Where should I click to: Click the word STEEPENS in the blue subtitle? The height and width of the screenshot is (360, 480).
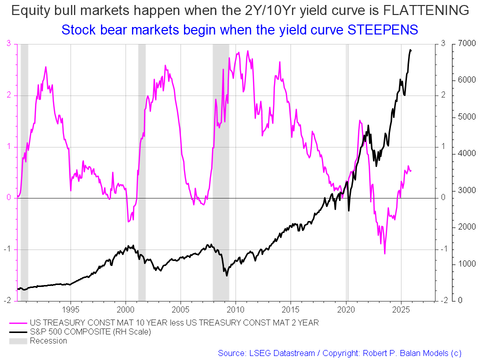[x=383, y=29]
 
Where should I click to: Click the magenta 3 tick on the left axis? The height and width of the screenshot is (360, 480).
[x=8, y=44]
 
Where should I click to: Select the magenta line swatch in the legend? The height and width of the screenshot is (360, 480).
[x=18, y=322]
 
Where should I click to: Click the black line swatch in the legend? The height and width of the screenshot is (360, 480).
[x=18, y=331]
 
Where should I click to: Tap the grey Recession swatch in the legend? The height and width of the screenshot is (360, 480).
[x=18, y=341]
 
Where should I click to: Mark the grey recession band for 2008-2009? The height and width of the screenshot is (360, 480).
[x=220, y=170]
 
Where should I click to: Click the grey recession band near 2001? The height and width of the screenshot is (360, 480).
[x=141, y=170]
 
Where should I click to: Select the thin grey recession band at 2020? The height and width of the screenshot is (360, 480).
[x=347, y=170]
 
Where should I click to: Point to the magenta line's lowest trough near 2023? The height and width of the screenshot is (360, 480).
[x=384, y=253]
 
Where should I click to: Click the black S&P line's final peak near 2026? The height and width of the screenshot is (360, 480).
[x=410, y=50]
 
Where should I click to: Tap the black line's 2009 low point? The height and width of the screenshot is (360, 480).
[x=227, y=275]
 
